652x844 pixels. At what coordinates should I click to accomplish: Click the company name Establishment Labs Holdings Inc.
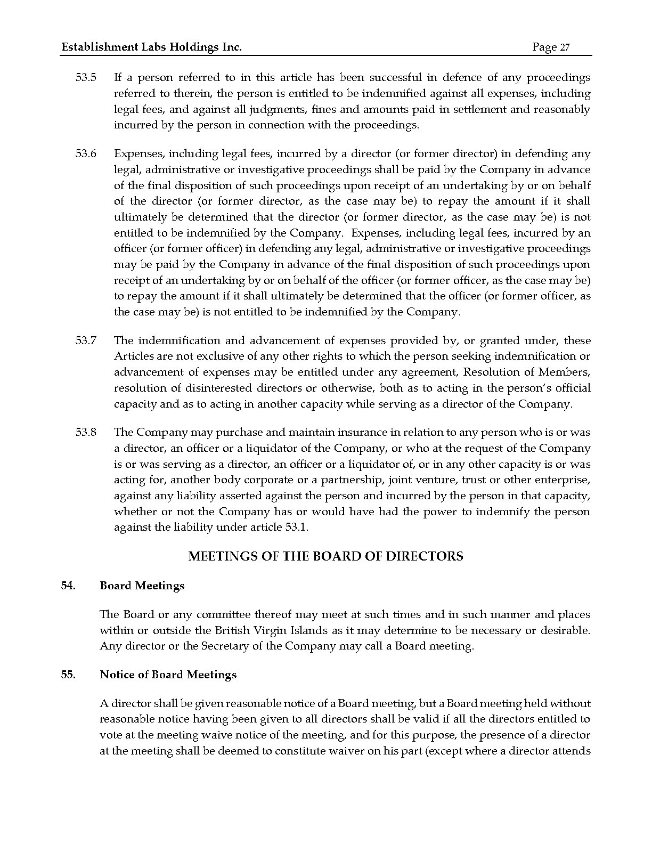pyautogui.click(x=152, y=47)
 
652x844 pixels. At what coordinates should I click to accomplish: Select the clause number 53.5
pyautogui.click(x=86, y=78)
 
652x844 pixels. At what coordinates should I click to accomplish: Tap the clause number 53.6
pyautogui.click(x=86, y=154)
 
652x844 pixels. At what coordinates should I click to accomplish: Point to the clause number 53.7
pyautogui.click(x=86, y=340)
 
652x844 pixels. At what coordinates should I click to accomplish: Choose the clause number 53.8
pyautogui.click(x=86, y=433)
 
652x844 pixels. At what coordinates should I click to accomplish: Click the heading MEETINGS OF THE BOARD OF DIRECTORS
pyautogui.click(x=326, y=557)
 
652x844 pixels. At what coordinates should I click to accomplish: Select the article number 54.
pyautogui.click(x=68, y=586)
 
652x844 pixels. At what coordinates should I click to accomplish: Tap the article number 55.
pyautogui.click(x=68, y=675)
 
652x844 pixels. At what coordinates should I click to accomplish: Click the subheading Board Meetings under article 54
pyautogui.click(x=142, y=586)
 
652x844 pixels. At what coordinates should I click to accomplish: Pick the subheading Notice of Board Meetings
pyautogui.click(x=168, y=675)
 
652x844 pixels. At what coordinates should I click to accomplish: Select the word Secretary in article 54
pyautogui.click(x=223, y=646)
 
